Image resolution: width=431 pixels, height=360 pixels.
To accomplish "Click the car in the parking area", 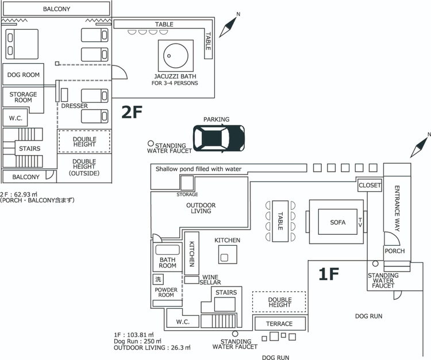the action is (219, 138).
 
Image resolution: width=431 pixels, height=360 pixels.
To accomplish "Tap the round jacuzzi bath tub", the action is (176, 56).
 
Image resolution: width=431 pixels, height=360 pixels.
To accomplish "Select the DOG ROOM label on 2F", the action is (24, 75).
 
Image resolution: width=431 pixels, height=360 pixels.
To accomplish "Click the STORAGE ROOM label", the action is (23, 97).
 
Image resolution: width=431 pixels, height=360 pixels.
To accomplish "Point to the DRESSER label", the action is (74, 106).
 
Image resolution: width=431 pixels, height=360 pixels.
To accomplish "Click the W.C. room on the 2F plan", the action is (15, 118).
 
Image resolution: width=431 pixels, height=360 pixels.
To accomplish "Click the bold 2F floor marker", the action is (132, 112).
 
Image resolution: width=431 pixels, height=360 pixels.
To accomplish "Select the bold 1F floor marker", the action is (329, 274).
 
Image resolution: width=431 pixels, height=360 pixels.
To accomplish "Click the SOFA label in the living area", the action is (338, 222).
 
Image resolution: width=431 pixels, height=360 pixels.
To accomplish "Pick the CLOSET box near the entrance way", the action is (370, 185).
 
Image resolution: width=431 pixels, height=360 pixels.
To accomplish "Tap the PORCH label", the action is (395, 251).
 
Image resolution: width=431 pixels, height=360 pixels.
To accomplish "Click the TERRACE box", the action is (280, 324).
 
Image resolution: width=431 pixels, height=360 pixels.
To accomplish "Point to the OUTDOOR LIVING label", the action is (201, 208).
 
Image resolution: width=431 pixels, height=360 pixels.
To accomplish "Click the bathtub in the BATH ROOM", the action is (167, 250).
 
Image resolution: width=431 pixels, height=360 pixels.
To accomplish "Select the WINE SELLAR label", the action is (210, 280).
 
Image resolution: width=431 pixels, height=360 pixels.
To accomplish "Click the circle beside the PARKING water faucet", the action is (151, 144).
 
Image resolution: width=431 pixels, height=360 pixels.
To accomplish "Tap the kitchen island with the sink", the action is (228, 254).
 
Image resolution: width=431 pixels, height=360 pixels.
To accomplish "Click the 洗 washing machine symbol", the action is (158, 279).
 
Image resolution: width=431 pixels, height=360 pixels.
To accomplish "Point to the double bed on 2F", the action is (22, 44).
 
